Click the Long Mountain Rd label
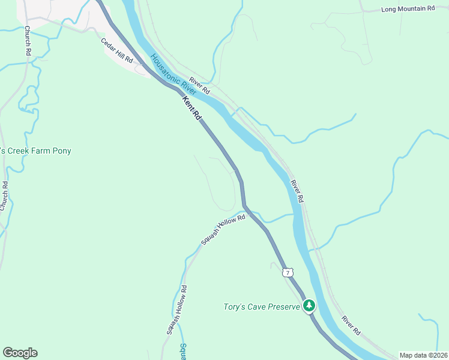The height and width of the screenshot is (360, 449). [x=408, y=9]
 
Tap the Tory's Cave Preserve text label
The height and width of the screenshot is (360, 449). [x=261, y=307]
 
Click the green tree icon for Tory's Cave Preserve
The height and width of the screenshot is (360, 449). [x=309, y=306]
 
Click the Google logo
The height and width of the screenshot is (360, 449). [x=20, y=353]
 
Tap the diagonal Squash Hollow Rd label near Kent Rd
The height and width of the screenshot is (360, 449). [x=223, y=229]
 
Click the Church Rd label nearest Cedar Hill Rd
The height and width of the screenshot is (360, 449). [x=28, y=43]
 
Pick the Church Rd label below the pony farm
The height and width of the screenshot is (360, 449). [x=5, y=196]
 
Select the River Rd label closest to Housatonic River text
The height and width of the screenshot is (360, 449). [x=199, y=86]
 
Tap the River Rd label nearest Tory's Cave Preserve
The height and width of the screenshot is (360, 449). [x=351, y=325]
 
